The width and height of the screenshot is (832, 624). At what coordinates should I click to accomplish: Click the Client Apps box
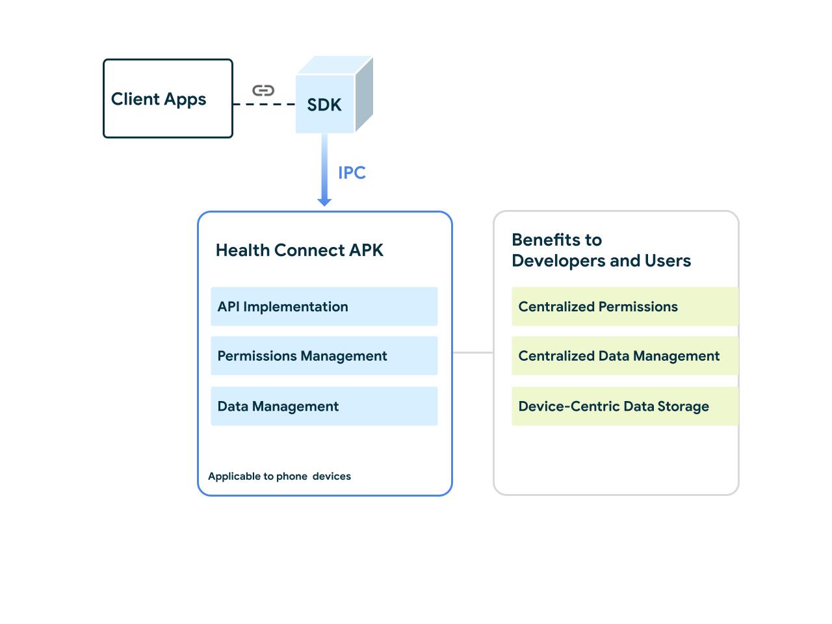(x=168, y=99)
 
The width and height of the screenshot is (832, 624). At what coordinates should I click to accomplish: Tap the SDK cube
(x=324, y=105)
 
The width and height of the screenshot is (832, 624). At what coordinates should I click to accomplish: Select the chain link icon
(x=263, y=90)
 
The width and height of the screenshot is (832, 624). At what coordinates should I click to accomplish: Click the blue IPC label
(x=352, y=173)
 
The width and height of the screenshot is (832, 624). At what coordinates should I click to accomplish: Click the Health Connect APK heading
(x=299, y=250)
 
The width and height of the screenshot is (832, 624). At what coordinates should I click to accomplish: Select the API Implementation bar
(x=324, y=307)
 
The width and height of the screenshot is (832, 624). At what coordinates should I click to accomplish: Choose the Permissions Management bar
(x=324, y=356)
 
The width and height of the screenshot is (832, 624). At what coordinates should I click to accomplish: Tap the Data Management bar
(x=324, y=406)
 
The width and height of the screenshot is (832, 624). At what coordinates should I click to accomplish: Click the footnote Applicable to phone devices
(x=279, y=476)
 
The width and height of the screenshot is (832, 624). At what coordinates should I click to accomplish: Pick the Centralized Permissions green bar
(x=625, y=307)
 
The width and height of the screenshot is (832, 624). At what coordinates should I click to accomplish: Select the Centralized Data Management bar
(x=625, y=356)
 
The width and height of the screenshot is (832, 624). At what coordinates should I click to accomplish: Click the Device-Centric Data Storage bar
(x=625, y=406)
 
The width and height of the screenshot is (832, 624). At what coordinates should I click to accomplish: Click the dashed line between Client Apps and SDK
(x=264, y=104)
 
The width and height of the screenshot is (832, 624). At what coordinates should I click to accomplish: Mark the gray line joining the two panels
(x=473, y=352)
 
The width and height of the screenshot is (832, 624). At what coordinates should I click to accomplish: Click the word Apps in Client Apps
(x=185, y=99)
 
